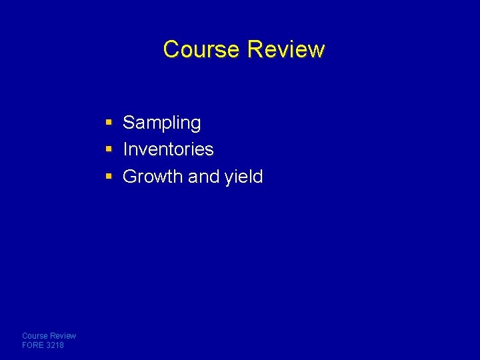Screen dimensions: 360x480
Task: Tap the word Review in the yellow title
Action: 286,49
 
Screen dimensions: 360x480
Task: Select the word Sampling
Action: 161,123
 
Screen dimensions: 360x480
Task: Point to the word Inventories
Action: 168,149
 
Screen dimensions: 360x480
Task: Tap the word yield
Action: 243,177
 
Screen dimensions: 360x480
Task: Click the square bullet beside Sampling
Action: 109,123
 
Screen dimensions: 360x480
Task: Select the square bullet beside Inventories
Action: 109,149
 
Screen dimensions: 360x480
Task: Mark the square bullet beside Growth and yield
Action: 109,177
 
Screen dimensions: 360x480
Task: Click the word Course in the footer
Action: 33,336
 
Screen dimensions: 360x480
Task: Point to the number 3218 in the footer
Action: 55,345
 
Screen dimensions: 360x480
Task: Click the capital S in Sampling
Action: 129,123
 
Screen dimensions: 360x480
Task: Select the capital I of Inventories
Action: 125,149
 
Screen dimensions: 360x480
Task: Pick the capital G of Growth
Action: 130,177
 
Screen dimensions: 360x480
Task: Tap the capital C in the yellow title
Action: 171,49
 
